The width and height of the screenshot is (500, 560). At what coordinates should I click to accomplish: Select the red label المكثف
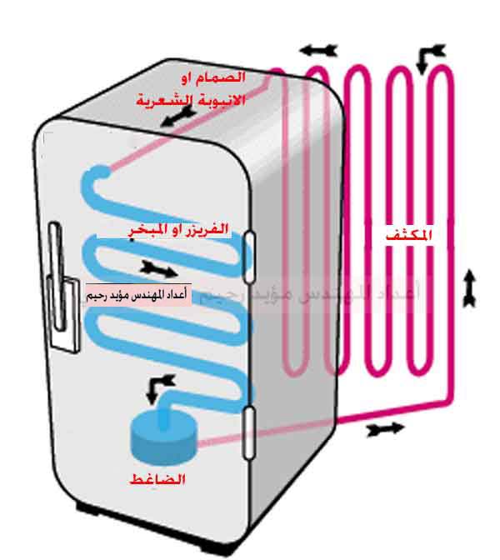coord(411,236)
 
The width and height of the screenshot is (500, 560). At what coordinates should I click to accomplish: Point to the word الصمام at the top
coord(225,77)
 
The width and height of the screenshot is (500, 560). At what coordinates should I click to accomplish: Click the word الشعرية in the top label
coord(164,102)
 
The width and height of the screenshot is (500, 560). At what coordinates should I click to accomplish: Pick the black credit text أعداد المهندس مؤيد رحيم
coord(137,295)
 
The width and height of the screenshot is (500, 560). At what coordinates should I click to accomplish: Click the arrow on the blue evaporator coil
coord(158,268)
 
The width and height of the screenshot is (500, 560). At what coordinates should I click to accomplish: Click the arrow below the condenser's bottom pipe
coord(384,428)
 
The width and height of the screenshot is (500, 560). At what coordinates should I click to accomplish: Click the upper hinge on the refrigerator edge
coord(249,251)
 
